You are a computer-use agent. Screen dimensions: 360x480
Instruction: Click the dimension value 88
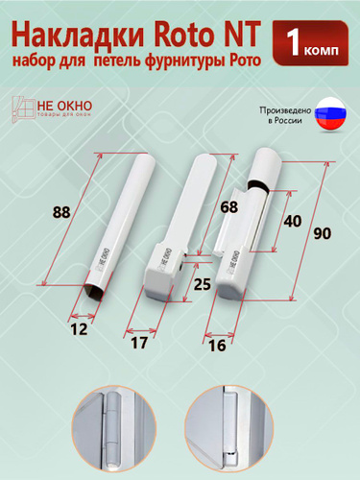(x=61, y=212)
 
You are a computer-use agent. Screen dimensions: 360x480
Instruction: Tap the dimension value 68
(x=229, y=207)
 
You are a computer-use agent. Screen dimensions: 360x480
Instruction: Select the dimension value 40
(x=293, y=221)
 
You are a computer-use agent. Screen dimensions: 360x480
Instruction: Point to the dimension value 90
(x=322, y=233)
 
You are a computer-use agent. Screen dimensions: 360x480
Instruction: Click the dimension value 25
(x=203, y=284)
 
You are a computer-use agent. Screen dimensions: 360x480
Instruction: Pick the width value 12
(x=79, y=329)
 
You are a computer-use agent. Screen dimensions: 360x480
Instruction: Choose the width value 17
(x=139, y=343)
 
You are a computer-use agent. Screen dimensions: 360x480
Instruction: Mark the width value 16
(x=217, y=346)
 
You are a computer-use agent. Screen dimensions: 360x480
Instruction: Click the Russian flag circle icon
(x=330, y=114)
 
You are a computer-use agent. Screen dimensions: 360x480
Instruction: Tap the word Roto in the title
(x=183, y=35)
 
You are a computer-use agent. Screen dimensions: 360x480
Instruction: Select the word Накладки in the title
(x=78, y=36)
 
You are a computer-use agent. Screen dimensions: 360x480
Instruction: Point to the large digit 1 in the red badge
(x=294, y=44)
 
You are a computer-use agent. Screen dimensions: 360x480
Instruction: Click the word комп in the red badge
(x=321, y=50)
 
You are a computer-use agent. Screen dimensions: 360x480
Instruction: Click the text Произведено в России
(x=285, y=115)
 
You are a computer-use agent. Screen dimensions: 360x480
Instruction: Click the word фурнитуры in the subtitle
(x=182, y=60)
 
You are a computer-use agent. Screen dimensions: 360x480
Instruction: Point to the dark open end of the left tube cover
(x=94, y=291)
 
